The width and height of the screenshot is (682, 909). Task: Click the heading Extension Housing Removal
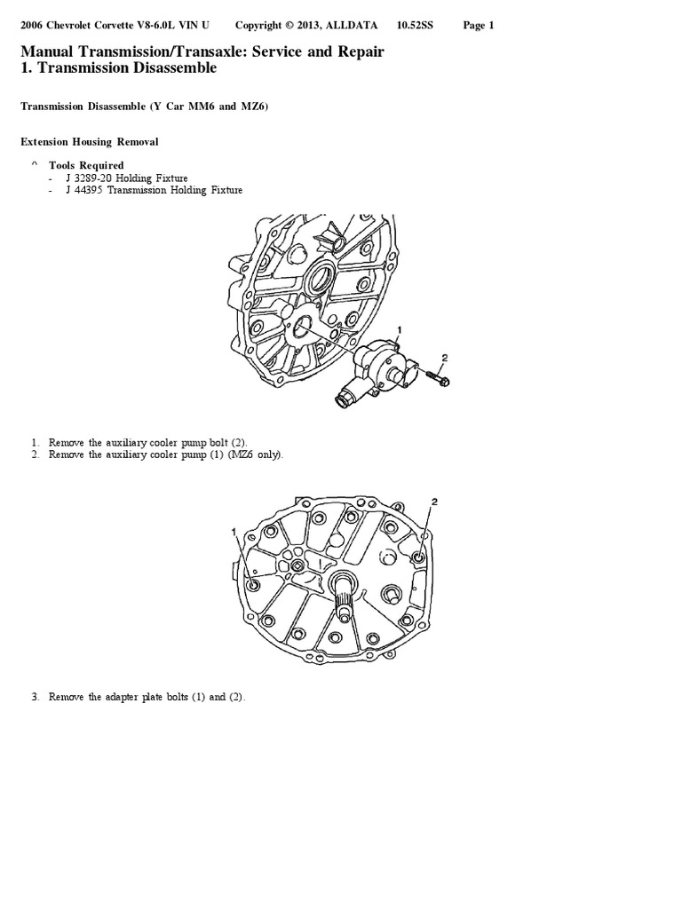click(90, 141)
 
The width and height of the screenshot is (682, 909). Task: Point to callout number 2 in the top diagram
click(445, 358)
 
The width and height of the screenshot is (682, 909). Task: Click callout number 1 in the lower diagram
click(234, 532)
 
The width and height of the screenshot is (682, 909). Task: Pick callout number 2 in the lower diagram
click(434, 502)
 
